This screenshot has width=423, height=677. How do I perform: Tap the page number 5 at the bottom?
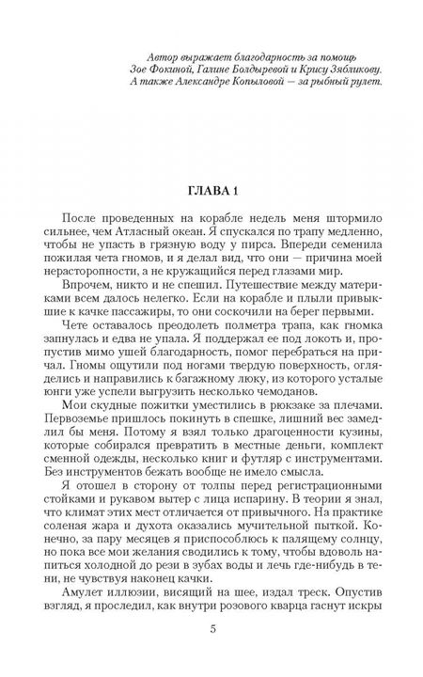tap(211, 653)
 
